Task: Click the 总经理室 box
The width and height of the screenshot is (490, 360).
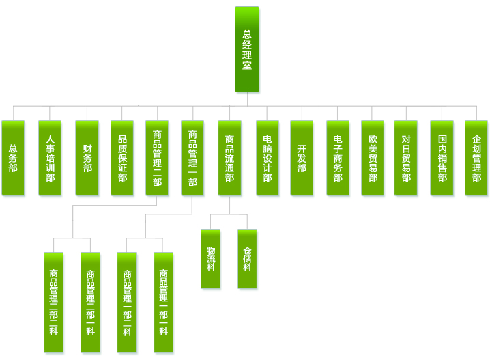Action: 247,49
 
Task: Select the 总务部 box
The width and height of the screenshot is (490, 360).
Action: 13,158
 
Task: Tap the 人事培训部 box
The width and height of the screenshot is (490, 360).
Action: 50,158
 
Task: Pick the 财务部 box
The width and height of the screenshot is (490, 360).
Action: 87,158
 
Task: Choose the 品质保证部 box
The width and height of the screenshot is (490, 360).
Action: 122,158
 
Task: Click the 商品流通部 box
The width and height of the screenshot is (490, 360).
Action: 229,158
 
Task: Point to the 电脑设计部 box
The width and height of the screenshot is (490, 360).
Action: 268,158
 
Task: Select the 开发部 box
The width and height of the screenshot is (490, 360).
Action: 302,158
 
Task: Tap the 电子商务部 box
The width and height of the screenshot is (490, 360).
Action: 338,158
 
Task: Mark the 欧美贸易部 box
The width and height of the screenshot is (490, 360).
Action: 373,158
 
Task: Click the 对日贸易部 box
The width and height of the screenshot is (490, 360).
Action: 405,158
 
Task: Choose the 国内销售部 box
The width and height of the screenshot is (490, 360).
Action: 442,158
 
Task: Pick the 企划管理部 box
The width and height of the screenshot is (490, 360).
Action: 476,158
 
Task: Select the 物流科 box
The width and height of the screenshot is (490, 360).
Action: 210,259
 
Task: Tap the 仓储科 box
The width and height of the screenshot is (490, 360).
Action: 247,259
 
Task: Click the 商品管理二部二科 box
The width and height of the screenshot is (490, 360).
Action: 90,303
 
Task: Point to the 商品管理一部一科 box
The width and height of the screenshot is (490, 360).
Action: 163,303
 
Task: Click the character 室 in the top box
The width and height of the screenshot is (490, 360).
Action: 247,65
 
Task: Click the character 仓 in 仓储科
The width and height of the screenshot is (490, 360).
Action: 247,251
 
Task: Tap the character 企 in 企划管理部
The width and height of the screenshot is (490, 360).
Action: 476,139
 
